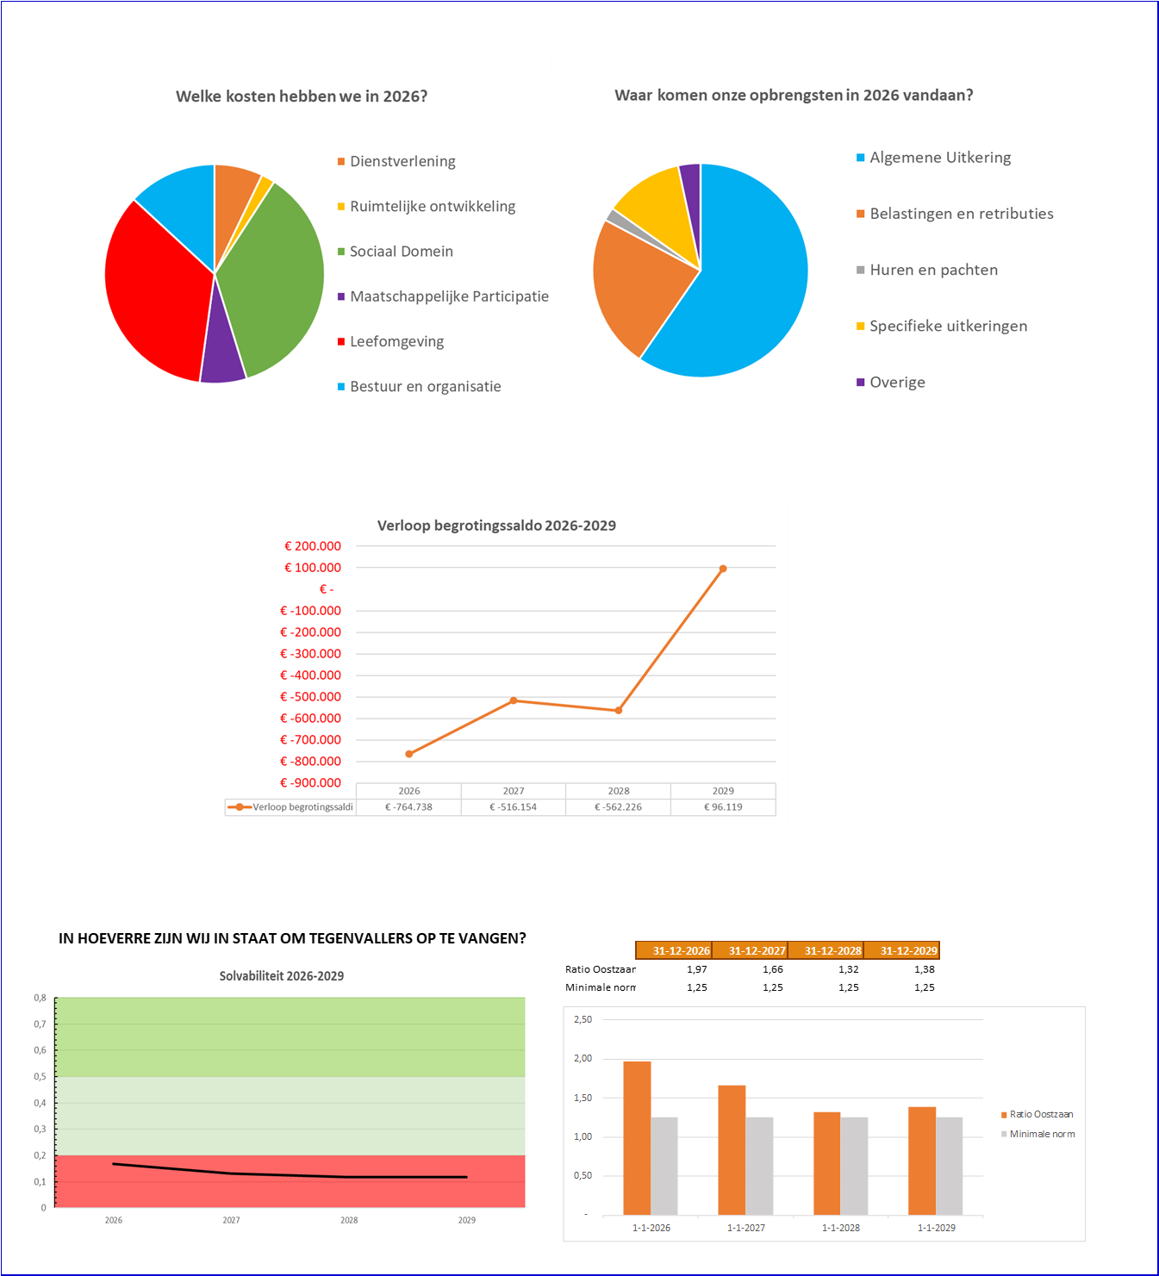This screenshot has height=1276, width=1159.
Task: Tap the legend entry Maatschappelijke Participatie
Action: tap(449, 296)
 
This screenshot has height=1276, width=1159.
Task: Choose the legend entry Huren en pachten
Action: tap(933, 270)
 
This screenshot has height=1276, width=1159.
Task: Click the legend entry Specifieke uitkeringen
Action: tap(948, 326)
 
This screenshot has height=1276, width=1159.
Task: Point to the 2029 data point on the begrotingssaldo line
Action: tap(723, 569)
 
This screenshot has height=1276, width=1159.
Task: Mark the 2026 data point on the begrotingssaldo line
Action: tap(409, 754)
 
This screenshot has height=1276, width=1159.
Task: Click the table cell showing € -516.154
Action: tap(514, 807)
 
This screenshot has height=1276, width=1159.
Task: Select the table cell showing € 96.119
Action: tap(723, 807)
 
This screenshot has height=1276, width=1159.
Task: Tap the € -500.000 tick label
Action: tap(310, 697)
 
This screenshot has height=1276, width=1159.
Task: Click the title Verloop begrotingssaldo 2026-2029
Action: tap(496, 526)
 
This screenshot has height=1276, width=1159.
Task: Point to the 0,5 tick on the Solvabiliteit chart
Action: tap(41, 1077)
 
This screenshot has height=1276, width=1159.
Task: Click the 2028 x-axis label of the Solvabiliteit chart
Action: tap(349, 1220)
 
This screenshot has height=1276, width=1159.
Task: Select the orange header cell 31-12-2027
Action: tap(757, 950)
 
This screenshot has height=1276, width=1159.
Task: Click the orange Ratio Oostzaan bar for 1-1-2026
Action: tap(637, 1137)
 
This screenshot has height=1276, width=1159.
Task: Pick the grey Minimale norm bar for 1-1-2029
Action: tap(950, 1166)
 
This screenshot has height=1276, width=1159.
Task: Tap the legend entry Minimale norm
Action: tap(1042, 1134)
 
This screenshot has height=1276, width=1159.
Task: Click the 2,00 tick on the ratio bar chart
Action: tap(583, 1059)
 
